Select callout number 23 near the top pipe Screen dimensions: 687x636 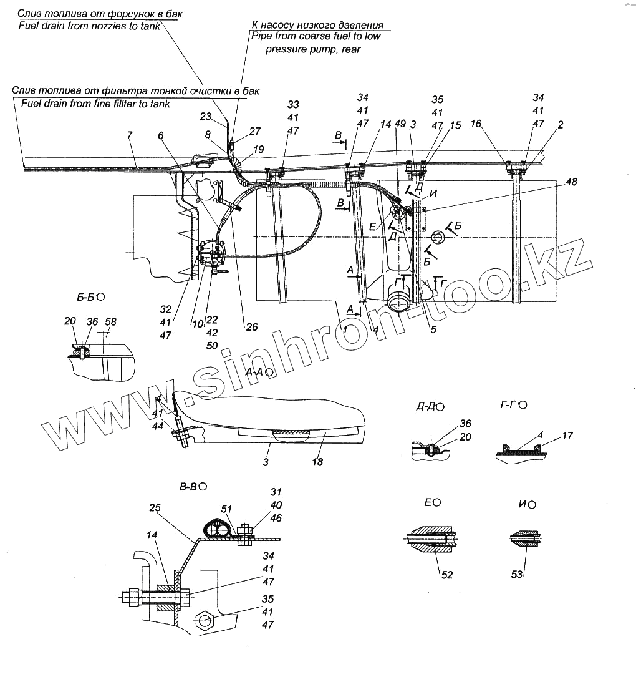pyautogui.click(x=206, y=116)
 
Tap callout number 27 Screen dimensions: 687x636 pyautogui.click(x=254, y=132)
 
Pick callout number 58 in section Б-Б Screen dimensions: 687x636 pyautogui.click(x=111, y=322)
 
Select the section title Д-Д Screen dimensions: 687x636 pyautogui.click(x=428, y=407)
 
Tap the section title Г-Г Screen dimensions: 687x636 pyautogui.click(x=511, y=406)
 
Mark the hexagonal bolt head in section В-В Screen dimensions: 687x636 pyautogui.click(x=205, y=621)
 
